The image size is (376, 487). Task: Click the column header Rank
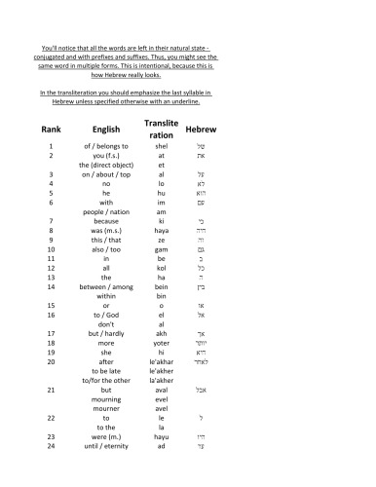(x=51, y=129)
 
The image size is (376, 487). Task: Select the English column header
(x=105, y=129)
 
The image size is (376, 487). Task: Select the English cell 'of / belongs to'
(x=105, y=145)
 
